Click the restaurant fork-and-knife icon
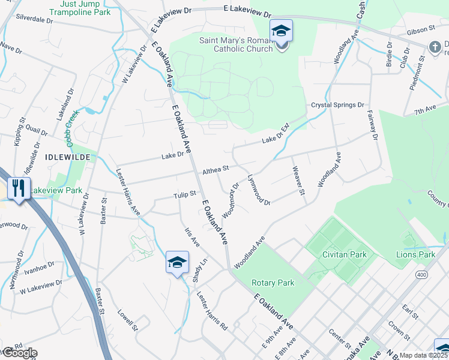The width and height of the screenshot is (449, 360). click(18, 189)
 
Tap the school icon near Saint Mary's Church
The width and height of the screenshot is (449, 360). click(280, 31)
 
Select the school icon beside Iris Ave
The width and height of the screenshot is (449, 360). click(177, 263)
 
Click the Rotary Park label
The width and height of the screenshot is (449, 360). click(273, 283)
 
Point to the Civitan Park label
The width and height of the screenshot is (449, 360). click(344, 254)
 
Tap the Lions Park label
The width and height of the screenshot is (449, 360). click(415, 254)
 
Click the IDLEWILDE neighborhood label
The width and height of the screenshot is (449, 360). click(68, 156)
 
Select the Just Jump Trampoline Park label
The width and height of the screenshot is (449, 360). click(86, 8)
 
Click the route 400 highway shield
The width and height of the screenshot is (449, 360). click(419, 274)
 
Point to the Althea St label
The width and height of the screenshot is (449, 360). click(216, 170)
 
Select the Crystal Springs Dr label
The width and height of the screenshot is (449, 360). click(337, 104)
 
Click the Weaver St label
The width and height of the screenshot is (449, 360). click(298, 184)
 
